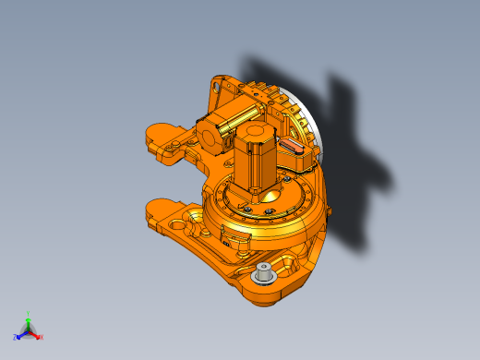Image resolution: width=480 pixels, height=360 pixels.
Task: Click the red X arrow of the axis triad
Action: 37,335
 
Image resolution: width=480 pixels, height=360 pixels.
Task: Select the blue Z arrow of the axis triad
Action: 20,334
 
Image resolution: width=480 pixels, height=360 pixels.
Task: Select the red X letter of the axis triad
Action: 42,337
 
